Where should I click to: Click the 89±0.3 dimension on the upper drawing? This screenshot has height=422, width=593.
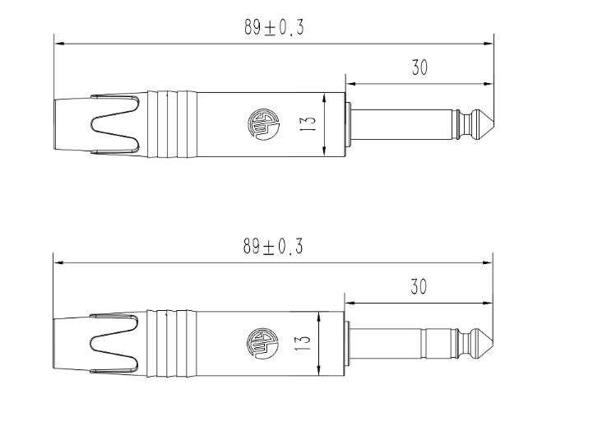pyautogui.click(x=274, y=27)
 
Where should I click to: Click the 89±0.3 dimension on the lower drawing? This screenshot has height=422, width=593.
pyautogui.click(x=273, y=246)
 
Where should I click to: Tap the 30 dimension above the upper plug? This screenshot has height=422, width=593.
pyautogui.click(x=419, y=67)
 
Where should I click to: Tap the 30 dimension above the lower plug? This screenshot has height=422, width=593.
pyautogui.click(x=419, y=286)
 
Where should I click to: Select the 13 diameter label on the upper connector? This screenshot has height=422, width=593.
pyautogui.click(x=309, y=123)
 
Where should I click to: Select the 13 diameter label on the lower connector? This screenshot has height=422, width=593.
pyautogui.click(x=303, y=342)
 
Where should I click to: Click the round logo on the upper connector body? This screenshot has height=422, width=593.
pyautogui.click(x=263, y=124)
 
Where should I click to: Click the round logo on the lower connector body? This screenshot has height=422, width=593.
pyautogui.click(x=262, y=343)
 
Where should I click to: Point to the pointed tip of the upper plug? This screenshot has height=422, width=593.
pyautogui.click(x=493, y=124)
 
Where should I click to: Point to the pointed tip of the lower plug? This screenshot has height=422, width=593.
pyautogui.click(x=493, y=343)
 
